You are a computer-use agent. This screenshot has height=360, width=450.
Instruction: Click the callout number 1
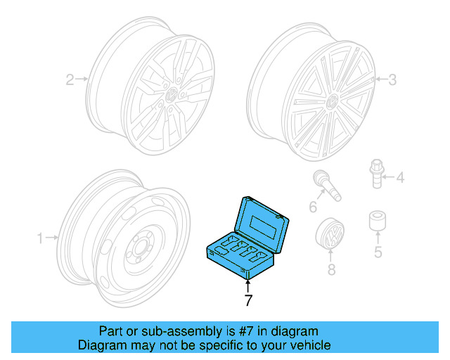pyautogui.click(x=40, y=238)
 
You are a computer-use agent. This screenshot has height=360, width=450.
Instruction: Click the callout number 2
pyautogui.click(x=70, y=79)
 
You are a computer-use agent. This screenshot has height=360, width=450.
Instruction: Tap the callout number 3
pyautogui.click(x=392, y=80)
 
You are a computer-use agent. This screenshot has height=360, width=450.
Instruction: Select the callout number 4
pyautogui.click(x=400, y=179)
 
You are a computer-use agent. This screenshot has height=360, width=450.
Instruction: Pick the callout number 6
pyautogui.click(x=312, y=206)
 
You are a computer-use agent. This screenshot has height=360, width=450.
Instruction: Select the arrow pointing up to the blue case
pyautogui.click(x=247, y=285)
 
